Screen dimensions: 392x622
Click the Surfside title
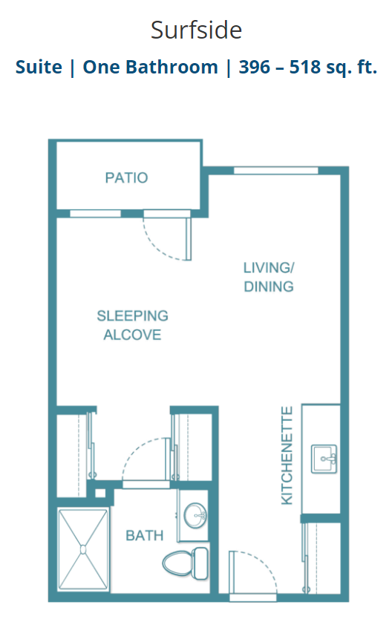point(196,30)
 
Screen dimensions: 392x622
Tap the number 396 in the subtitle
point(255,67)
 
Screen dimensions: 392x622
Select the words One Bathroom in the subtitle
point(150,67)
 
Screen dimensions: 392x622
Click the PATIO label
point(126,177)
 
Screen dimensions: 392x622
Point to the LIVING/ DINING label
point(269,277)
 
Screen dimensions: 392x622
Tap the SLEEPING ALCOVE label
point(132,325)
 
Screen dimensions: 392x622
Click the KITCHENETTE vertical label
point(287,455)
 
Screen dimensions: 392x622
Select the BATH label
point(145,535)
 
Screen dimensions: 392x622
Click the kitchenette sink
point(324,459)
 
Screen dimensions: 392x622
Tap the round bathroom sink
point(195,515)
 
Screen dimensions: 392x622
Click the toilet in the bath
point(186,563)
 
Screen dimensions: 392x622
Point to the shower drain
point(83,550)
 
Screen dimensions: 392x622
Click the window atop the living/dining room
point(275,171)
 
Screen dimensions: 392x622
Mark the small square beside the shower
point(100,493)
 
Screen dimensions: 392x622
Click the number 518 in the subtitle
point(305,67)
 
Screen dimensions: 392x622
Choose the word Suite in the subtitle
point(39,67)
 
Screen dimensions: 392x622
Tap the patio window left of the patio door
point(95,214)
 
